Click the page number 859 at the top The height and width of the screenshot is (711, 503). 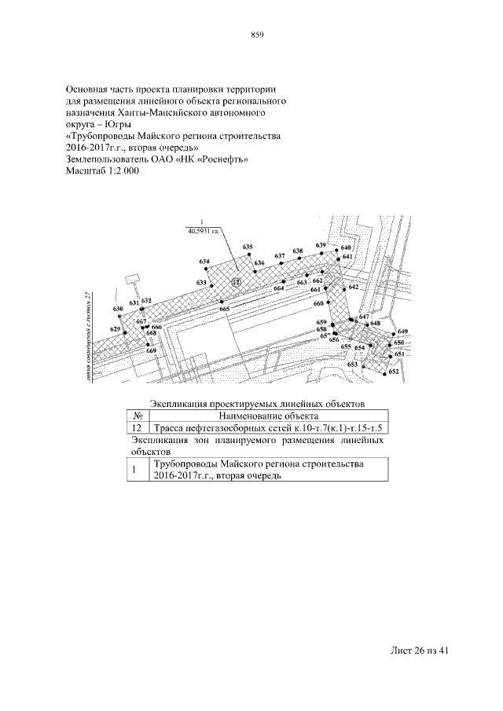click(256, 34)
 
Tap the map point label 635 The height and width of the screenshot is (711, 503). click(248, 247)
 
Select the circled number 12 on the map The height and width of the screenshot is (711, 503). click(236, 280)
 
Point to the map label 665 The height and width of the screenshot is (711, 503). click(225, 310)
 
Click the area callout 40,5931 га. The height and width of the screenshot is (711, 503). click(203, 231)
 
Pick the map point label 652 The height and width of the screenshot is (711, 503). click(394, 372)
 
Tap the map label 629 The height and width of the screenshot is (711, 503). click(116, 328)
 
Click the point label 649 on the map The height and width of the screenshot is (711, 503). click(402, 332)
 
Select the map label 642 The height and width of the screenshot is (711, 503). click(354, 288)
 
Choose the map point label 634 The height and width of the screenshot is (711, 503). click(204, 261)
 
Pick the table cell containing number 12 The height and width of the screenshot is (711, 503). click(137, 428)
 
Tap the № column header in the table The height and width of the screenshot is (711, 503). click(137, 416)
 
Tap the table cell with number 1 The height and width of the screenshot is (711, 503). click(136, 471)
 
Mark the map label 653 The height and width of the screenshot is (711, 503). click(353, 365)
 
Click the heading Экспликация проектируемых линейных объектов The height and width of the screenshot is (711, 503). click(258, 403)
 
